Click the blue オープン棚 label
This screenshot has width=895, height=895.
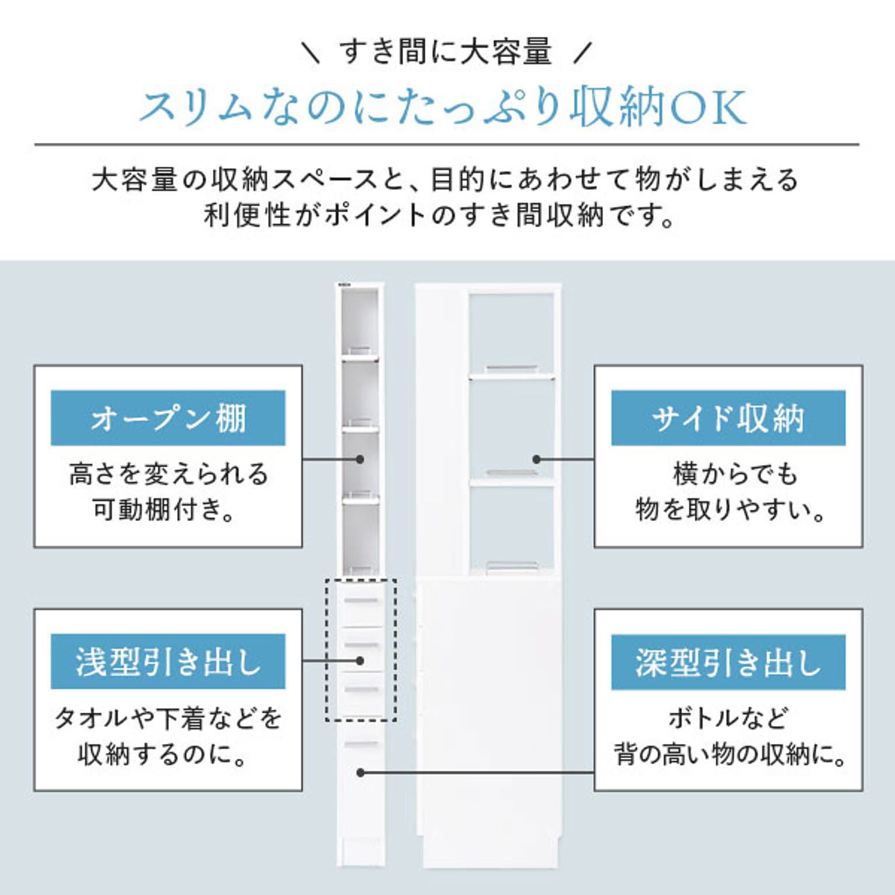pyautogui.click(x=168, y=418)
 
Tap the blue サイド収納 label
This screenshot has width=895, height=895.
pyautogui.click(x=728, y=418)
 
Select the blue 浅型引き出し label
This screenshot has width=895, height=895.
pyautogui.click(x=168, y=661)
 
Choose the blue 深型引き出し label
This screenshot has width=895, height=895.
pyautogui.click(x=728, y=662)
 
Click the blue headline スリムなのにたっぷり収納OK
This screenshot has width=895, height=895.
pyautogui.click(x=443, y=107)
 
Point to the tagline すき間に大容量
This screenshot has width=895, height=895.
pyautogui.click(x=446, y=51)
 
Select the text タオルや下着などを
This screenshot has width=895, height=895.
pyautogui.click(x=168, y=718)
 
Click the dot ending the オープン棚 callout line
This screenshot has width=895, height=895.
pyautogui.click(x=360, y=459)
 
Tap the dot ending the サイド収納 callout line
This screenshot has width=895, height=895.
pyautogui.click(x=537, y=459)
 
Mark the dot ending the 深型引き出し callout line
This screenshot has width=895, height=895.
pyautogui.click(x=360, y=773)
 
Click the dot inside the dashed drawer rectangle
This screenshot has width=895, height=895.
pyautogui.click(x=360, y=661)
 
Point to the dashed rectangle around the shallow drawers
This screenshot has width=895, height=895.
pyautogui.click(x=361, y=650)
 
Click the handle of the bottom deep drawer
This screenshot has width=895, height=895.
pyautogui.click(x=361, y=744)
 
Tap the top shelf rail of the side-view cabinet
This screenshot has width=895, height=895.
pyautogui.click(x=512, y=368)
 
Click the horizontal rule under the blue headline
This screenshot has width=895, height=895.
pyautogui.click(x=447, y=145)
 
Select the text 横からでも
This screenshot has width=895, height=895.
pyautogui.click(x=735, y=473)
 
